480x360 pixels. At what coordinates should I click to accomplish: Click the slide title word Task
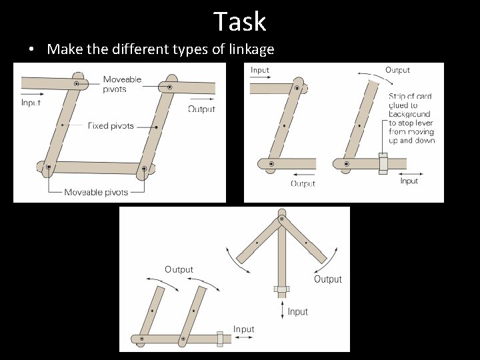(240, 21)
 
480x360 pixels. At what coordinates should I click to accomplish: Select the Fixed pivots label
(111, 125)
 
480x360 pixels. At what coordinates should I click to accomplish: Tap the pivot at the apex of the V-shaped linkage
(281, 219)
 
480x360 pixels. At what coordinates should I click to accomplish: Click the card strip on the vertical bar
(281, 289)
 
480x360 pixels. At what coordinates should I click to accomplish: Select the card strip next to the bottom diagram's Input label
(220, 339)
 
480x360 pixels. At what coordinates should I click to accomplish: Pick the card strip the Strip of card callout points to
(383, 163)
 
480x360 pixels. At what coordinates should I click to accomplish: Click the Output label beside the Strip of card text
(397, 70)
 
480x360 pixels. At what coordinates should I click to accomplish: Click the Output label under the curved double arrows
(179, 269)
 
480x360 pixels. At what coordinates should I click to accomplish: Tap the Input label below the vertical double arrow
(298, 311)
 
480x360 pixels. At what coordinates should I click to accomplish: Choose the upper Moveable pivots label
(122, 84)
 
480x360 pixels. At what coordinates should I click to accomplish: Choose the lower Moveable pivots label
(96, 192)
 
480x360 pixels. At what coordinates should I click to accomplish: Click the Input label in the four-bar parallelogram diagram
(31, 103)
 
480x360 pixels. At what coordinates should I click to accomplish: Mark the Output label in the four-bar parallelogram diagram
(201, 109)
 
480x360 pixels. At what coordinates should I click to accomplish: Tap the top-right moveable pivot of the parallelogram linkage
(169, 87)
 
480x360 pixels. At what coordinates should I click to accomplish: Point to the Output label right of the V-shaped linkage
(327, 279)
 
